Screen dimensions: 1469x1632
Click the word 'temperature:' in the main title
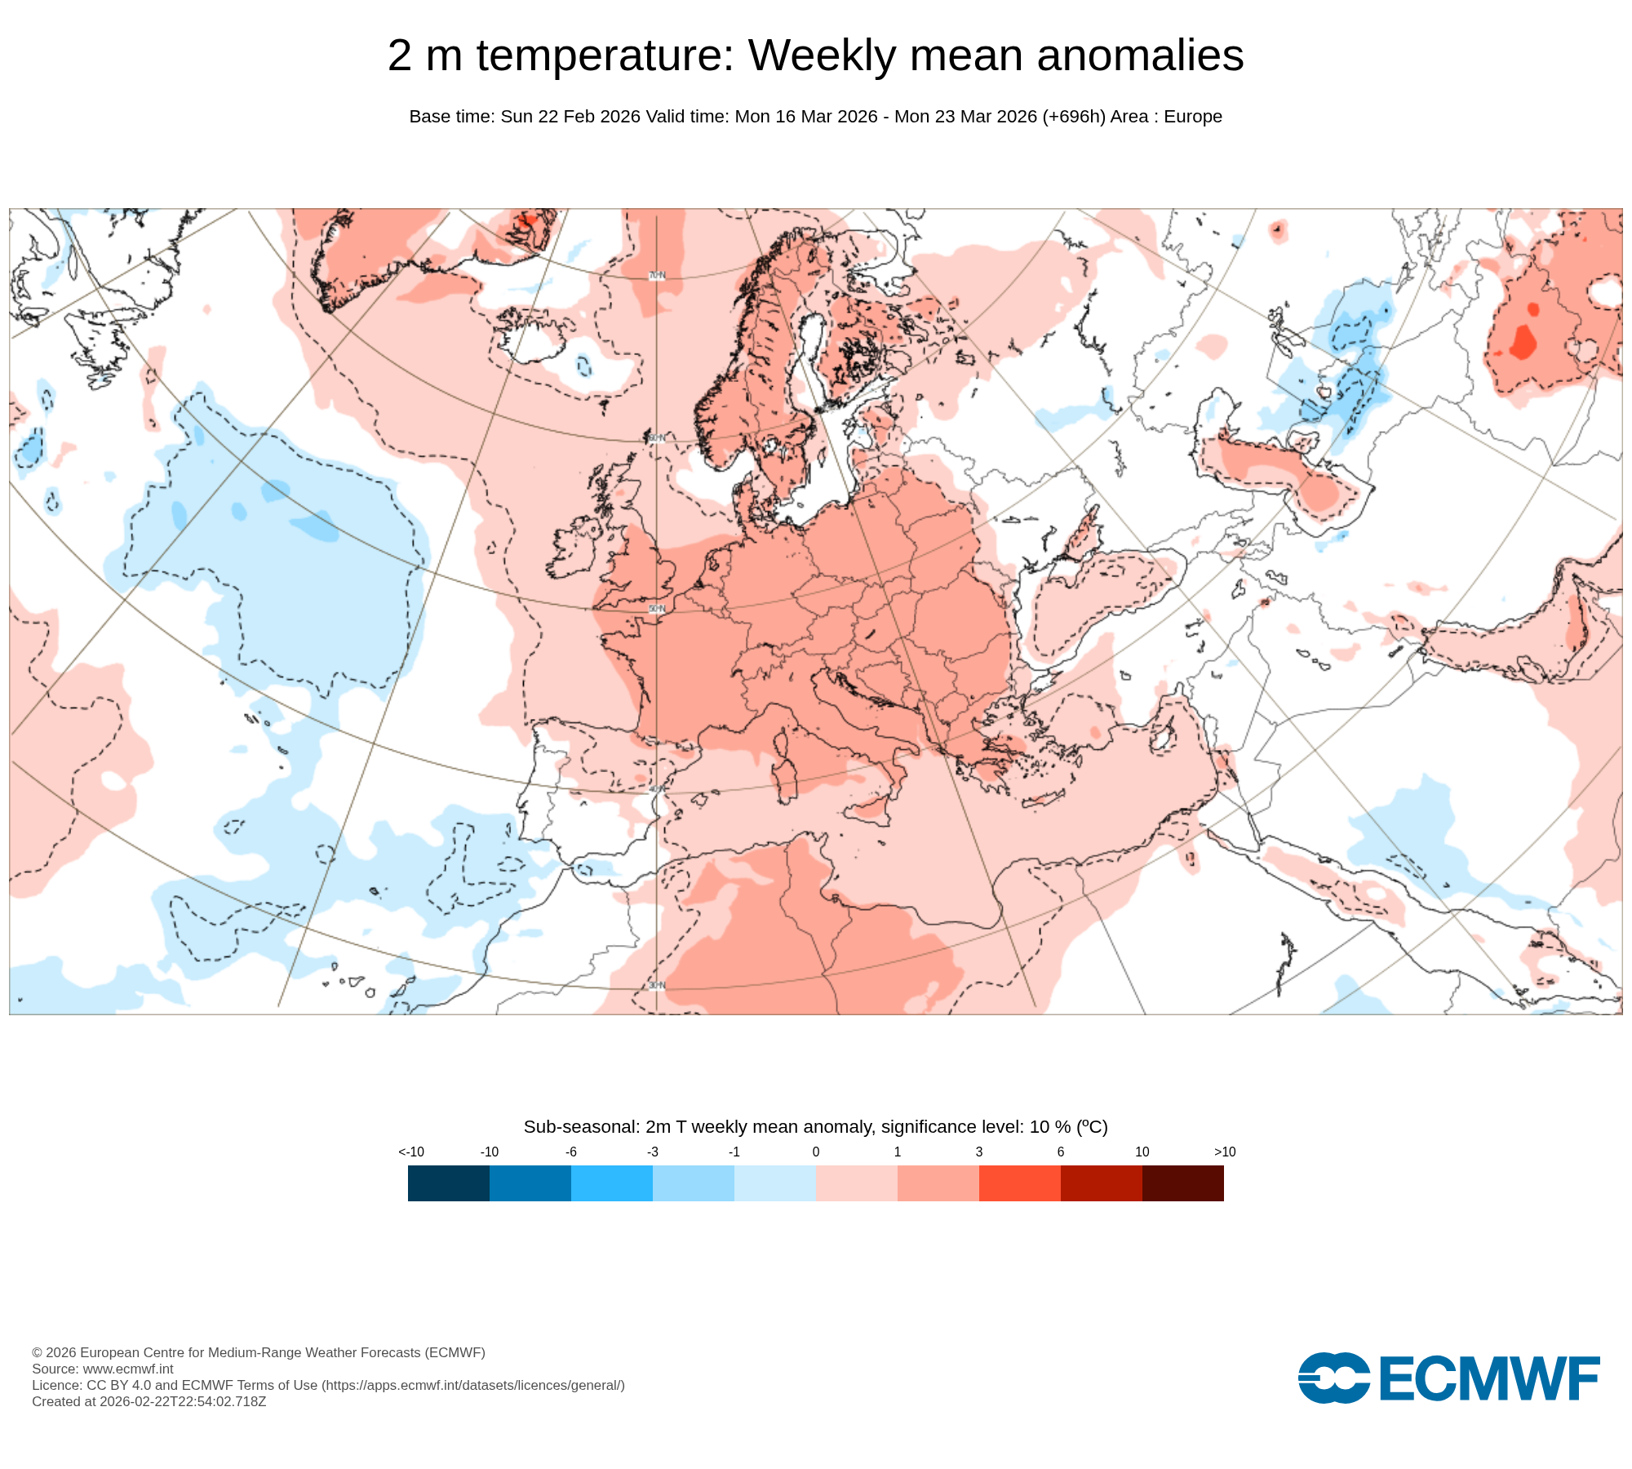605,55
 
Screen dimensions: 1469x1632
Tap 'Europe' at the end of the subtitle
1193,117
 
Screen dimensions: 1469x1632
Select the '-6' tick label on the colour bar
571,1152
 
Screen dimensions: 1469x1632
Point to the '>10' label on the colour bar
1224,1152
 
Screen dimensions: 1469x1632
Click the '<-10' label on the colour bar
411,1152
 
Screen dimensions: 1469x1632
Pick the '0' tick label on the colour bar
816,1152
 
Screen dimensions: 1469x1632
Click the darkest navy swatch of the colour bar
449,1183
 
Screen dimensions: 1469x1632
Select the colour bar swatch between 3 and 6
1020,1183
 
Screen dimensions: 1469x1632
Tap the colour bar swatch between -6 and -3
612,1183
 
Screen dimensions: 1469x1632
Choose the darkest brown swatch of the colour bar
1183,1183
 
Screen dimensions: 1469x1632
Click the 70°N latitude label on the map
657,276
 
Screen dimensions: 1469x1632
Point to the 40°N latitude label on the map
657,789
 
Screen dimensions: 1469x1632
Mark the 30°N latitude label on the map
657,986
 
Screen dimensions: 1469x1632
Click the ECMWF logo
1448,1378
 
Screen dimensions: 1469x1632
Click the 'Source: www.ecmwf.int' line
103,1369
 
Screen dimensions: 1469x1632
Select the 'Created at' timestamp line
149,1401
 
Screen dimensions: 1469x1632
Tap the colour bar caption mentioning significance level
816,1127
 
